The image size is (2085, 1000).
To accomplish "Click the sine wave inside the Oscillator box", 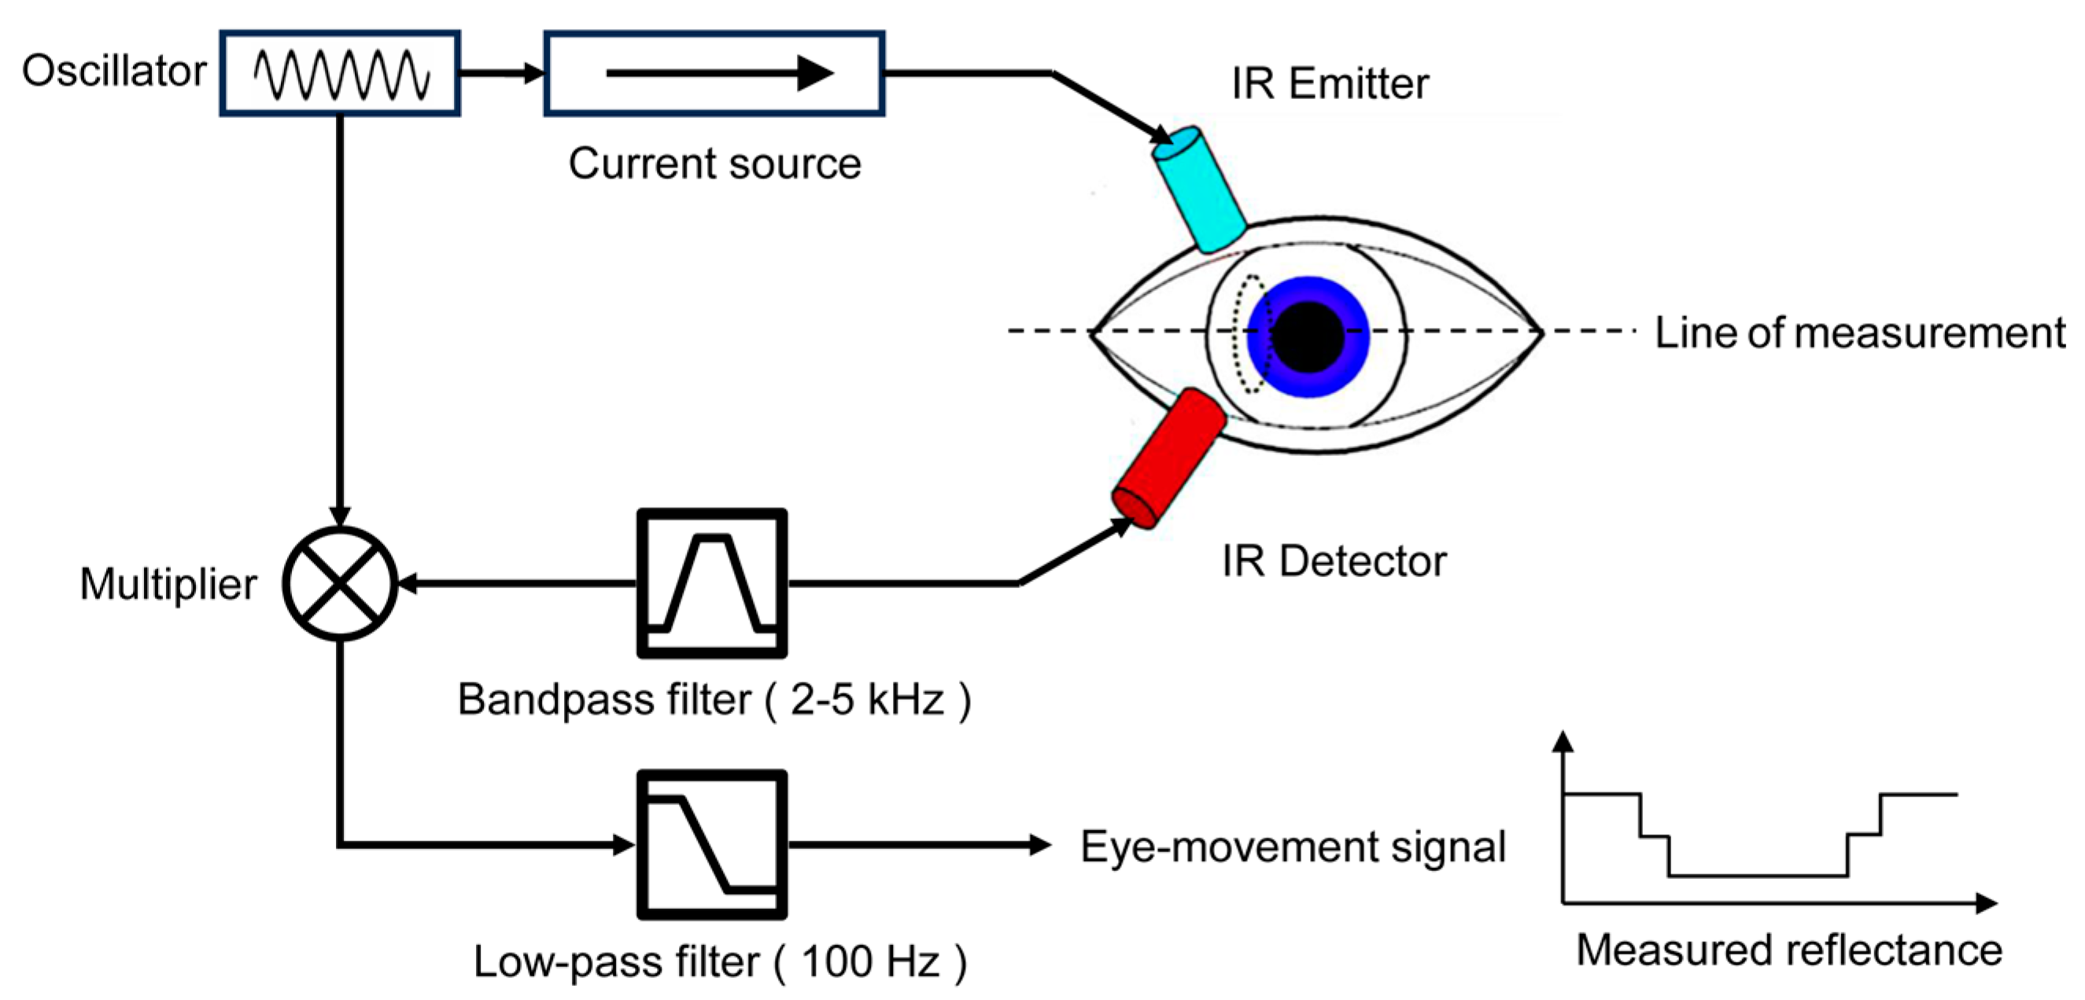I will point(341,75).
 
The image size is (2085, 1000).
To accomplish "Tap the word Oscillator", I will point(114,72).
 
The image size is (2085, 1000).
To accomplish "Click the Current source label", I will point(714,164).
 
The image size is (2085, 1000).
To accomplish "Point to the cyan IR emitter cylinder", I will point(1199,189).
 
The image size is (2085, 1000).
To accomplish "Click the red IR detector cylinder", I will point(1168,459).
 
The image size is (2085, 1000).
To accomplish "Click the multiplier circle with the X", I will point(340,583).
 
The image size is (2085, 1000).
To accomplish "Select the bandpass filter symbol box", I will point(711,583).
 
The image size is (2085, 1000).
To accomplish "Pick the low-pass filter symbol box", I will point(711,844).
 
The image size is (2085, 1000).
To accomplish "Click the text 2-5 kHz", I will point(867,699).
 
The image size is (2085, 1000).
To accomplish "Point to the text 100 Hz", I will point(870,961).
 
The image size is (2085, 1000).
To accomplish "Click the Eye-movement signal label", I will point(1293,847).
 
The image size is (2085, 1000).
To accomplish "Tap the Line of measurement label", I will point(1859,333).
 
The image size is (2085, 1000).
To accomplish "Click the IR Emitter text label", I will point(1330,84).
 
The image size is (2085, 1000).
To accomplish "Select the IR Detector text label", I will point(1333,561).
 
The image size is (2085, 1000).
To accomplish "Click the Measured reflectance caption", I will point(1788,950).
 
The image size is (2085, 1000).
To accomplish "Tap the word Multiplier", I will point(168,583).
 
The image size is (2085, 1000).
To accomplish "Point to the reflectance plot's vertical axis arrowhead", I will point(1564,741).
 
